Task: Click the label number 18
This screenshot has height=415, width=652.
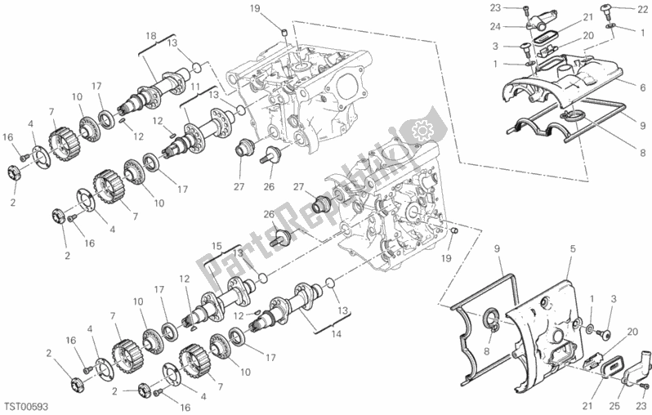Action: click(x=150, y=36)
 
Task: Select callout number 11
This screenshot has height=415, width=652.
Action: click(x=196, y=87)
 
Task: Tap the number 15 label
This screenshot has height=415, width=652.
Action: click(x=217, y=246)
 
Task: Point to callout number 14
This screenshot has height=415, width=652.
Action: click(x=336, y=333)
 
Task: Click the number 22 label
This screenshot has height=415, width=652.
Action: click(x=642, y=10)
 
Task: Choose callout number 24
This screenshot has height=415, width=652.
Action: click(x=495, y=27)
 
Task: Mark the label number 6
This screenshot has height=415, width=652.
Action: click(x=643, y=87)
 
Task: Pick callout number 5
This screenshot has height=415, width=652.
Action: click(x=573, y=249)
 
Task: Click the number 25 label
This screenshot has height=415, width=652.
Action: click(x=614, y=406)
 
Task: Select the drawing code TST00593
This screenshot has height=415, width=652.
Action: click(x=26, y=406)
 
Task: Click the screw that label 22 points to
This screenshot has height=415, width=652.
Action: click(x=608, y=9)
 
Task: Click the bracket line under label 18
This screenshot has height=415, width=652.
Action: click(x=156, y=44)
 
